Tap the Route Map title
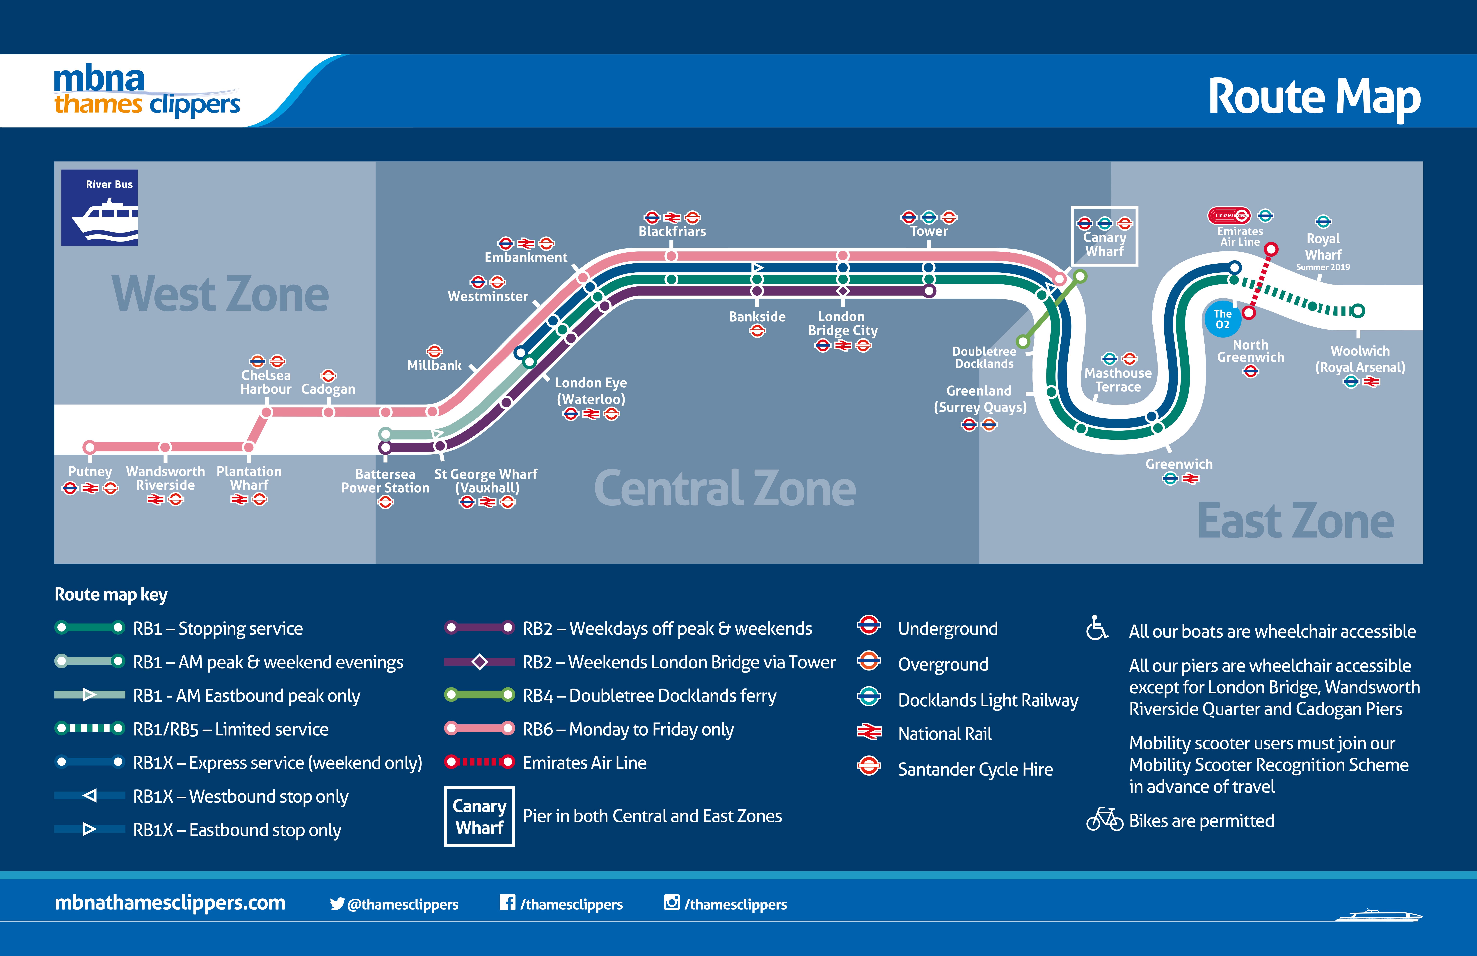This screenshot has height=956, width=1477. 1314,97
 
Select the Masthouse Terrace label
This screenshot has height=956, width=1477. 1118,380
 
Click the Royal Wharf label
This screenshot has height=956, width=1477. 1323,246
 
